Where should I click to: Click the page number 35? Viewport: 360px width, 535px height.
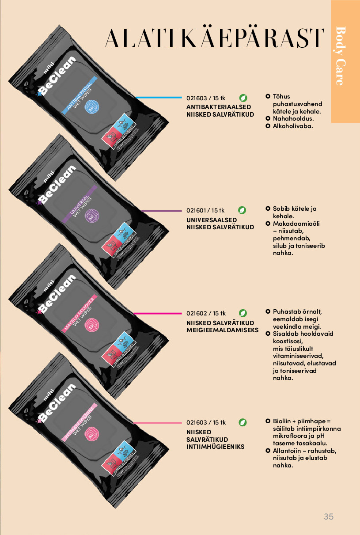(x=328, y=516)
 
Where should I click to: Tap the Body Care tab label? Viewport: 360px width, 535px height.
(x=341, y=56)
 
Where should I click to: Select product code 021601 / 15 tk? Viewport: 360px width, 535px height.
(x=205, y=210)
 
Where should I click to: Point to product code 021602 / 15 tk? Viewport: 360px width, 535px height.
(x=206, y=313)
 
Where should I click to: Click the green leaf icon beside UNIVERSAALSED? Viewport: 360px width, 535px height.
(x=242, y=210)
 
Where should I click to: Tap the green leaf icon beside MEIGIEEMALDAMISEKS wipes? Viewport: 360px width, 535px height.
(x=243, y=313)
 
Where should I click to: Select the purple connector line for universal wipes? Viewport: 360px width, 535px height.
(x=161, y=211)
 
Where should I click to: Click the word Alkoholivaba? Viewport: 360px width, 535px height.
(x=292, y=126)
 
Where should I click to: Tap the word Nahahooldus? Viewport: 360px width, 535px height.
(x=293, y=119)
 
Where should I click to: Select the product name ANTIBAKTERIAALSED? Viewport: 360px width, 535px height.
(x=219, y=107)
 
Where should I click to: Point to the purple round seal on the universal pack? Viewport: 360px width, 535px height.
(x=92, y=216)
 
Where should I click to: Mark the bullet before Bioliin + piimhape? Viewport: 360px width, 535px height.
(x=268, y=421)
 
